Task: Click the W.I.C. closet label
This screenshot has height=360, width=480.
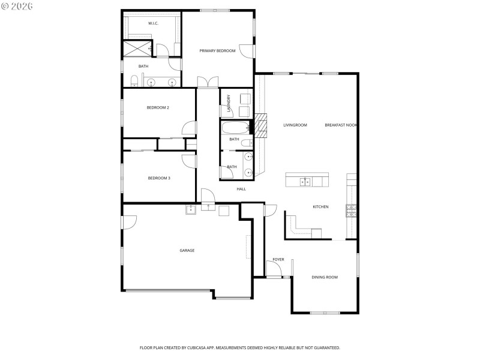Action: pos(153,23)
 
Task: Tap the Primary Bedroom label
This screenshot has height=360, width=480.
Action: pos(217,50)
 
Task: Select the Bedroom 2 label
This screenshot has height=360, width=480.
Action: pos(158,107)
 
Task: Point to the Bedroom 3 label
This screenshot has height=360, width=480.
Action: pos(159,178)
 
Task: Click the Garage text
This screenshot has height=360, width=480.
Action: pos(187,250)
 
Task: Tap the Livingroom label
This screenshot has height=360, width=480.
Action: pos(295,125)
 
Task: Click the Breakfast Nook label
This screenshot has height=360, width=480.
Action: pos(341,125)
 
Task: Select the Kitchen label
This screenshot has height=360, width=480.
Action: pos(320,207)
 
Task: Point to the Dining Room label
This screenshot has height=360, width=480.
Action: pos(325,277)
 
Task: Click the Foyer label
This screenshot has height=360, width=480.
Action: pos(278,259)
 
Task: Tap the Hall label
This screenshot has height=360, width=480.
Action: pos(241,189)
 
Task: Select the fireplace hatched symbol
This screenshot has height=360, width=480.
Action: pos(261,125)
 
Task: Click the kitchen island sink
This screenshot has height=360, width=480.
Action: pos(305,181)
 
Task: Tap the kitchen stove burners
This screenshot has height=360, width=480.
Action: pos(351,210)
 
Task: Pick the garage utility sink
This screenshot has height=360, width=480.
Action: pos(191,209)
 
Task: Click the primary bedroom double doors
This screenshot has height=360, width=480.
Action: pos(208,83)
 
